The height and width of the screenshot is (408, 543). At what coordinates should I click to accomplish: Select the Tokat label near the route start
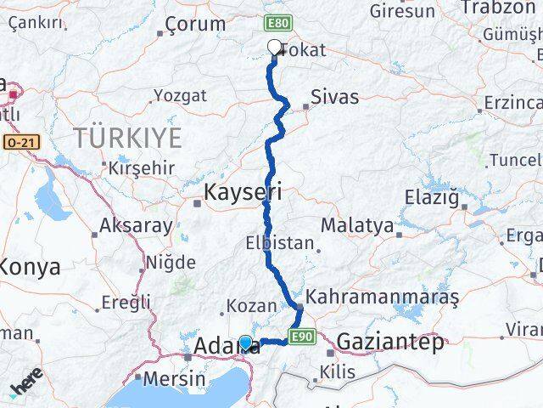click(x=302, y=51)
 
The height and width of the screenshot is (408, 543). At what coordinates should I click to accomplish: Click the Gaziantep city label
click(x=390, y=343)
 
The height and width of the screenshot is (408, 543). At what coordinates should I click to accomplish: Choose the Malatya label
click(x=357, y=226)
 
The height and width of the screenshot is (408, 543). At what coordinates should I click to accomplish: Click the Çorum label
click(x=195, y=24)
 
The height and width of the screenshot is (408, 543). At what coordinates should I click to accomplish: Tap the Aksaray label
click(x=136, y=226)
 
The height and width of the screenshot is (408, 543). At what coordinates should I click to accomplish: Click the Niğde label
click(x=171, y=262)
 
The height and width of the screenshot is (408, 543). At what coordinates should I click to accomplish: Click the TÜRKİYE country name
click(x=127, y=137)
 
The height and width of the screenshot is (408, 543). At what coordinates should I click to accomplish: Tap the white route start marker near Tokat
click(x=274, y=48)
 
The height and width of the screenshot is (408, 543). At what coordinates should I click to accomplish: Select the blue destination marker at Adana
click(x=245, y=343)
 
